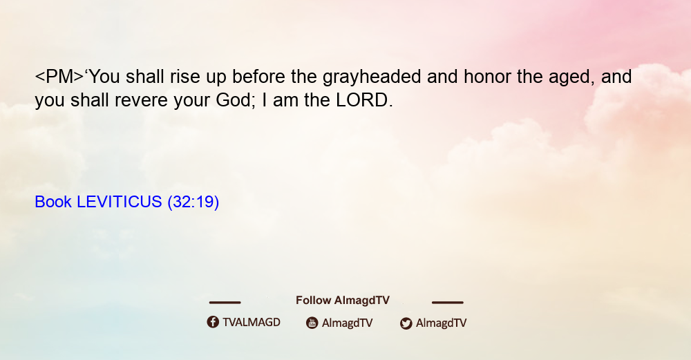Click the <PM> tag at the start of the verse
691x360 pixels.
coord(59,77)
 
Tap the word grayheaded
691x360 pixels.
coord(372,77)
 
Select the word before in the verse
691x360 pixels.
coord(258,77)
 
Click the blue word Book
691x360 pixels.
coord(53,202)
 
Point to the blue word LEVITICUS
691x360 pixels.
coord(120,202)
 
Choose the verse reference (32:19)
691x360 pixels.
coord(193,202)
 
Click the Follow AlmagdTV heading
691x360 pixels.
coord(343,301)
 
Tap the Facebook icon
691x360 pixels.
coord(213,322)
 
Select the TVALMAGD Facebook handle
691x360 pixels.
coord(252,323)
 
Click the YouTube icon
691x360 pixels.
coord(312,323)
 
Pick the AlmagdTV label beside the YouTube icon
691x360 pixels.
coord(348,323)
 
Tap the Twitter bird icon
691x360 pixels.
coord(406,323)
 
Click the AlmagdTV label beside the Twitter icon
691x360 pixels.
coord(441,323)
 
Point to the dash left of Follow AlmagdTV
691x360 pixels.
coord(225,302)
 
